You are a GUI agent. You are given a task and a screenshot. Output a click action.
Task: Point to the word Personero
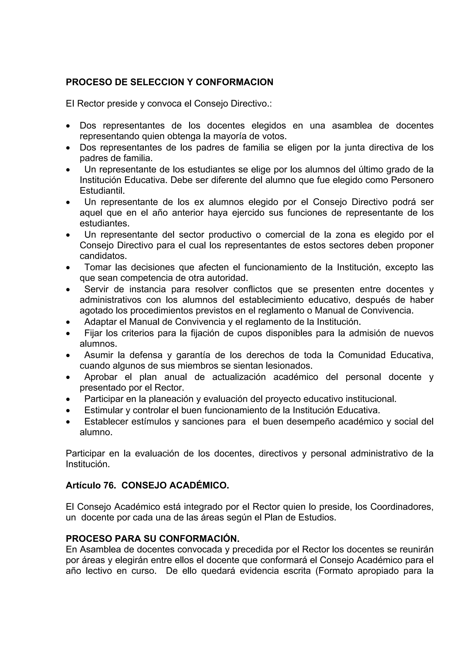(412, 180)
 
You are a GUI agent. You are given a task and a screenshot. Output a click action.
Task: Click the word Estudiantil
(102, 191)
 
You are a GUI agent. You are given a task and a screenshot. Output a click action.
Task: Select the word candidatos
(103, 256)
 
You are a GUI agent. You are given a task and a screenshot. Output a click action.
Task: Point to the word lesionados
(288, 365)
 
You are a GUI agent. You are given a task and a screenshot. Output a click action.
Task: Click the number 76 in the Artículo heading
(109, 485)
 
